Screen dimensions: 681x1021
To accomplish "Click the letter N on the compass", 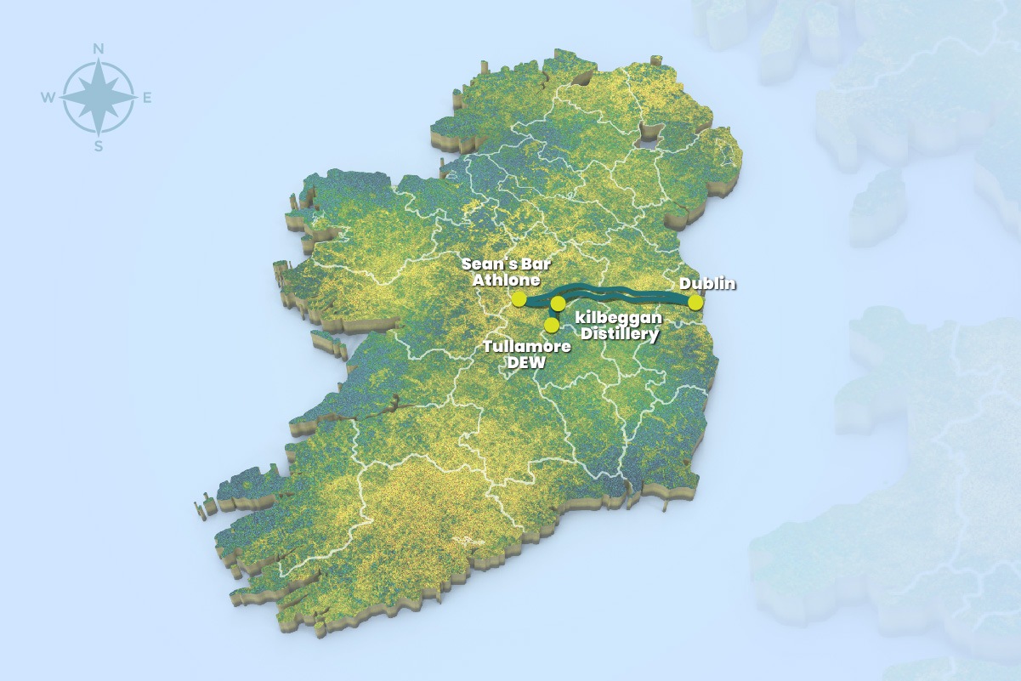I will click(99, 49).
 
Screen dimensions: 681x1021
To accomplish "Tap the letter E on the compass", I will click(146, 99).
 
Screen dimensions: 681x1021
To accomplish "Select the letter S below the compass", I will click(99, 146).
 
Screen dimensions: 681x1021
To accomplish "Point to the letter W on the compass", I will click(47, 99).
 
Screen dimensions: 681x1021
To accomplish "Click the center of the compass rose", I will click(99, 98).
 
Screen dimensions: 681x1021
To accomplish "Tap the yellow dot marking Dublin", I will click(695, 302).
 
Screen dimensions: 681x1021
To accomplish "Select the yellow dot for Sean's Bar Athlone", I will click(519, 298).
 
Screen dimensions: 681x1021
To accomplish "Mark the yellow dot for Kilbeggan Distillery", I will click(558, 303).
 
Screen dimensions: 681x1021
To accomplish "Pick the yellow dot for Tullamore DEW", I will click(552, 325).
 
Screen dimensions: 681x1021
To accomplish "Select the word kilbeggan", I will click(618, 318).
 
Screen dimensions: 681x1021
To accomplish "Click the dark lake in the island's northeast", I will click(650, 134).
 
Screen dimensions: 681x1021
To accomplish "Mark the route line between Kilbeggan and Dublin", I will click(629, 293).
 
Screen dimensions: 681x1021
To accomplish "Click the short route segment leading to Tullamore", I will click(553, 314).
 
